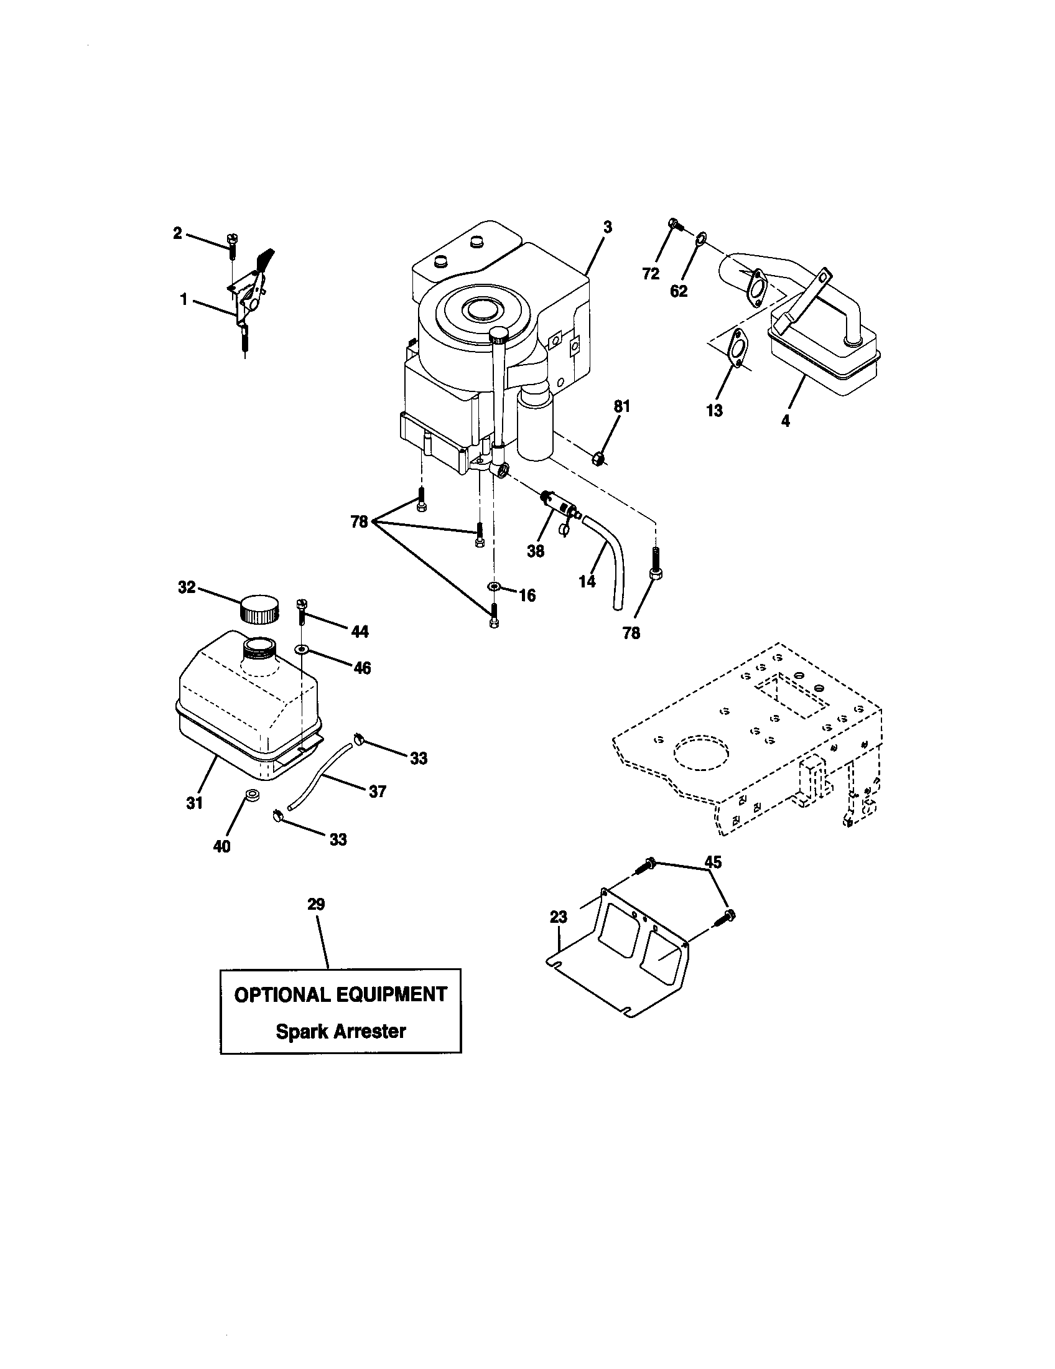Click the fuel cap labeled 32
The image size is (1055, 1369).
(x=259, y=609)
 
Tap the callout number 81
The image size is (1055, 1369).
(x=621, y=406)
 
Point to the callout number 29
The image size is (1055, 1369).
(x=317, y=904)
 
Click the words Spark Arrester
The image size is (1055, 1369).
(x=341, y=1031)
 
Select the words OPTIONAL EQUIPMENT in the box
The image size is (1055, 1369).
(x=341, y=995)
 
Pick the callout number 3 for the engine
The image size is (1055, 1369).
(x=607, y=227)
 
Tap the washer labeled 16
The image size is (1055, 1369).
(x=494, y=586)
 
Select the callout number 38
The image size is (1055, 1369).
(x=536, y=551)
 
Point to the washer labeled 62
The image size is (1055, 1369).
(x=702, y=238)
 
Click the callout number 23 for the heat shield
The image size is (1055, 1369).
(x=558, y=917)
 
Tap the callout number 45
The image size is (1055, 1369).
(x=713, y=862)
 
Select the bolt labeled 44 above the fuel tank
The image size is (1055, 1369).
(x=301, y=610)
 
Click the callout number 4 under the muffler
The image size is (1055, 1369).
(x=786, y=421)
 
